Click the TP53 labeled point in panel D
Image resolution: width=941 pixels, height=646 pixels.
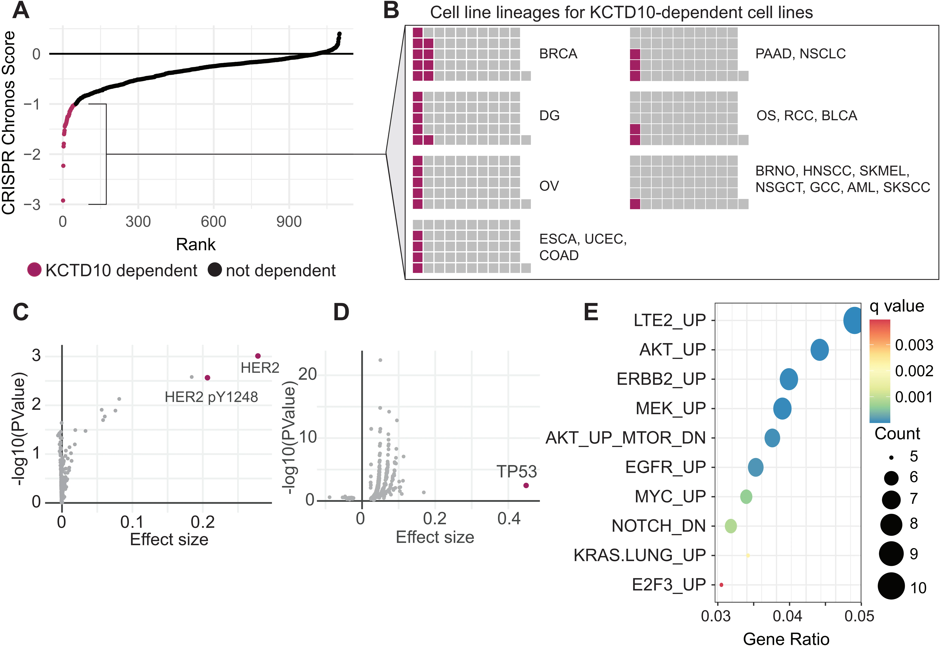click(526, 485)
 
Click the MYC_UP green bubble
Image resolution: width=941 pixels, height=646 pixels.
click(746, 496)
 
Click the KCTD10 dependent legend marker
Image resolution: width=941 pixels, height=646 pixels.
click(34, 270)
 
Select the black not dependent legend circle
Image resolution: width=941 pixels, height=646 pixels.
click(215, 270)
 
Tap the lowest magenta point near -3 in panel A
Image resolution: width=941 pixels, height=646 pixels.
click(63, 200)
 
